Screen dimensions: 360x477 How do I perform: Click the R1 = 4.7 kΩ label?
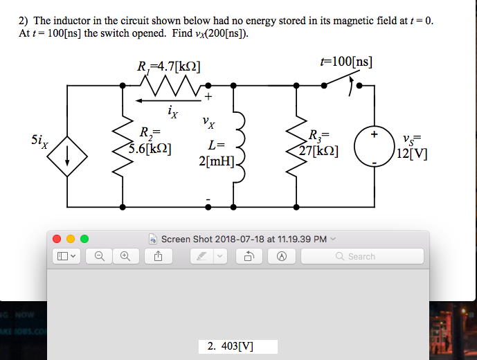(170, 69)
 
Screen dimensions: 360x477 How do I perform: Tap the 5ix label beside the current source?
(39, 142)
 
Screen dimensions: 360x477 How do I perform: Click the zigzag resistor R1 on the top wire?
(170, 86)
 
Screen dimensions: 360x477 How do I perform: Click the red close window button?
(59, 239)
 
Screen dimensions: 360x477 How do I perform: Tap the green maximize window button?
(84, 239)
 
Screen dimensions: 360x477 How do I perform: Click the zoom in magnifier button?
(125, 256)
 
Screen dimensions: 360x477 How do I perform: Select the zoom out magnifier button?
(100, 256)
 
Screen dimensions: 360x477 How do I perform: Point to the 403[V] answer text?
(232, 345)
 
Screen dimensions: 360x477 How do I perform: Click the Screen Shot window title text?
(244, 239)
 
